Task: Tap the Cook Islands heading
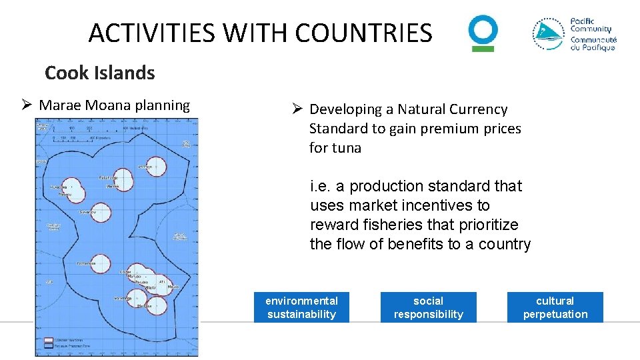100,73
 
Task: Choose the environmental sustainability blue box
301,307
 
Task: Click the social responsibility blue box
428,307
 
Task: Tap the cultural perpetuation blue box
555,307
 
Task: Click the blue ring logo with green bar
483,33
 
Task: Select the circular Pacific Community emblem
549,34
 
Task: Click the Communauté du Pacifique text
593,43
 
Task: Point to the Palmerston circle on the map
100,264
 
